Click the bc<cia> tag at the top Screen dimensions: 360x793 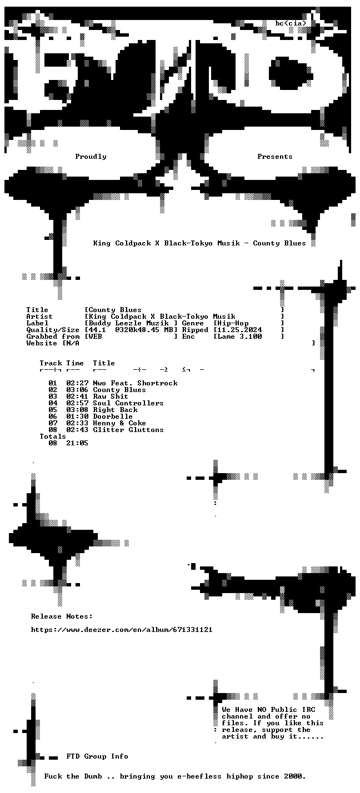coord(291,23)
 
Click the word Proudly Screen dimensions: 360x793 coord(91,157)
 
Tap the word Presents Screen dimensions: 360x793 coord(275,157)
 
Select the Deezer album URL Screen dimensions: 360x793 coord(122,629)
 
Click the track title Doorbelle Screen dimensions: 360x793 coord(113,416)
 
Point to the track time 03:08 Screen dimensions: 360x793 coord(77,410)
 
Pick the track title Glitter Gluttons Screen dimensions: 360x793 coord(128,430)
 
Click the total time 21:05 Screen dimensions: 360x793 coord(77,443)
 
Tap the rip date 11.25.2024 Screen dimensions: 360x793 coord(239,330)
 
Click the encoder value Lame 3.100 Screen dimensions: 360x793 coord(239,337)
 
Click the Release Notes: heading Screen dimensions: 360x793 coord(62,616)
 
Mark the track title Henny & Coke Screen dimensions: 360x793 coord(119,423)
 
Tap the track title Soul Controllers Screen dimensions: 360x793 coord(128,403)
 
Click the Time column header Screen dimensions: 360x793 coord(75,363)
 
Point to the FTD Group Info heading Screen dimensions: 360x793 coord(97,756)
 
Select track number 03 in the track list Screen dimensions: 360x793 coord(53,396)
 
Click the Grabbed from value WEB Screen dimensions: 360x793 coord(95,337)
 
